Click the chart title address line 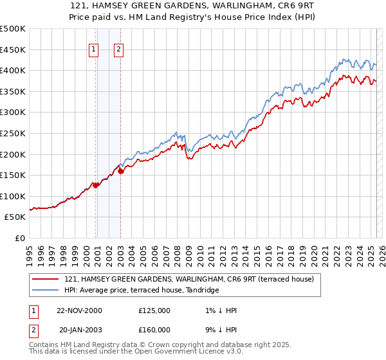pyautogui.click(x=193, y=6)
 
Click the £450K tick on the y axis pyautogui.click(x=13, y=50)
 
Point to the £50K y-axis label pyautogui.click(x=15, y=217)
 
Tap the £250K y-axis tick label pyautogui.click(x=13, y=134)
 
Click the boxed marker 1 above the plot pyautogui.click(x=94, y=49)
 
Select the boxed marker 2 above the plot pyautogui.click(x=120, y=49)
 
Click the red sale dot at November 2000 pyautogui.click(x=96, y=185)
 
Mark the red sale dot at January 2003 pyautogui.click(x=120, y=171)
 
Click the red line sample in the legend pyautogui.click(x=46, y=279)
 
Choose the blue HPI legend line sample pyautogui.click(x=46, y=290)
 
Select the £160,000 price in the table pyautogui.click(x=154, y=328)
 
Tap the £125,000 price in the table pyautogui.click(x=154, y=310)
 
